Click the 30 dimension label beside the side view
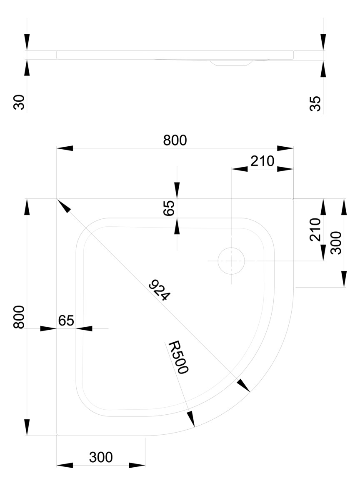(x=20, y=102)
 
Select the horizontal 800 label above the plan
(x=175, y=140)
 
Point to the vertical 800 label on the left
(x=19, y=317)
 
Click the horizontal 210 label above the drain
(x=262, y=161)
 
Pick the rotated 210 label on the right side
(x=315, y=229)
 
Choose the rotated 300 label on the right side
(x=335, y=242)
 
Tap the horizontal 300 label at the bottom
(x=101, y=457)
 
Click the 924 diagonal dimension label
(x=160, y=291)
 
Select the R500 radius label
(x=179, y=357)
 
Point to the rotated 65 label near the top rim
(x=169, y=208)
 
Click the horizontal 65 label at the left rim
(x=66, y=321)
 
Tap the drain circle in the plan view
(x=231, y=261)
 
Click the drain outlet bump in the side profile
(x=230, y=63)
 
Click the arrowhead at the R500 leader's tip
(x=191, y=419)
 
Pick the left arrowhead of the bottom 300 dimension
(x=65, y=465)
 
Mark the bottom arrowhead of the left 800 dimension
(x=27, y=427)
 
